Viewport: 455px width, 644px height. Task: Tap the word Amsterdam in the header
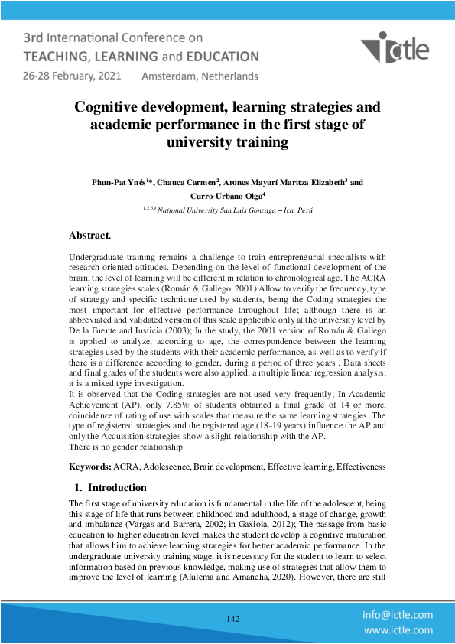click(170, 76)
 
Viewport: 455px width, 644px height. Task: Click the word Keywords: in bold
click(90, 466)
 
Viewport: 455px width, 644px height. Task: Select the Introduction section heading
click(117, 487)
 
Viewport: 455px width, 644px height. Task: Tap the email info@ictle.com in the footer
click(398, 614)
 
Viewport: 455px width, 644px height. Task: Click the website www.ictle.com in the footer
click(398, 630)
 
